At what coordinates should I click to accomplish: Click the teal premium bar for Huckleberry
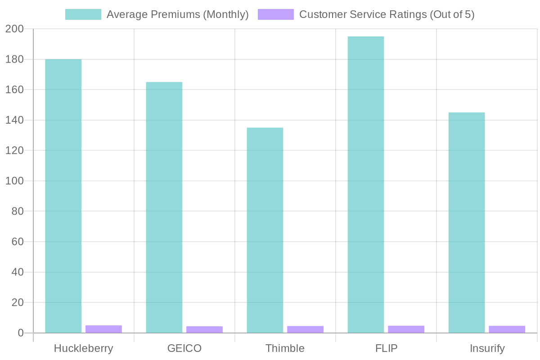coord(63,196)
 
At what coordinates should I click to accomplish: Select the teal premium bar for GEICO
coord(164,207)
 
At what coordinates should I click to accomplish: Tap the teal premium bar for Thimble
coord(265,230)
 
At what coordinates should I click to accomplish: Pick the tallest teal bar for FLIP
coord(366,184)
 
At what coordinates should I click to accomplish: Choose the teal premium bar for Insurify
coord(467,222)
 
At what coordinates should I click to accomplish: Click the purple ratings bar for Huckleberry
coord(103,329)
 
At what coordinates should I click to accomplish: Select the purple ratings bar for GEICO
coord(204,329)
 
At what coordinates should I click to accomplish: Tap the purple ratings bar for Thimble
coord(305,329)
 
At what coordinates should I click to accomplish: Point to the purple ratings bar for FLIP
coord(406,329)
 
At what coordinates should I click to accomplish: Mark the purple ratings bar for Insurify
coord(507,329)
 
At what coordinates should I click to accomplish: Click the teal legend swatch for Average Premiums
coord(83,14)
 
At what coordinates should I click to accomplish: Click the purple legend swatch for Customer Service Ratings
coord(276,14)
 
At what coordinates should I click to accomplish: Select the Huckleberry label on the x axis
coord(83,349)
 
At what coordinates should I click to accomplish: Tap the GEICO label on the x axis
coord(184,349)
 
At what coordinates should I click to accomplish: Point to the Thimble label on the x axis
coord(285,349)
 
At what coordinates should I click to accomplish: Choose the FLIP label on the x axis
coord(386,349)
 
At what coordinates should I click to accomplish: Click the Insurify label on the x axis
coord(487,349)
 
